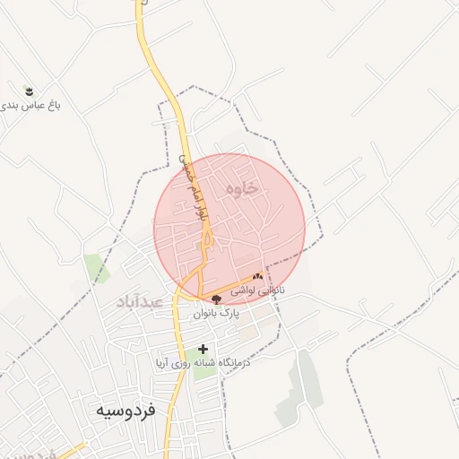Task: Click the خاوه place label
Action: coord(243,188)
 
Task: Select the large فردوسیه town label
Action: coord(125,411)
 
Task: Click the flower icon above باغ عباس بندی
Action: coord(29,91)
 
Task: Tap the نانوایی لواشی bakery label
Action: coord(258,290)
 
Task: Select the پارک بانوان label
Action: coord(218,315)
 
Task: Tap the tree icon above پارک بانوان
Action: coord(217,300)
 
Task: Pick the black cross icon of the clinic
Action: coord(204,349)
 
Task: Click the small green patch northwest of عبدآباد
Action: coord(95,266)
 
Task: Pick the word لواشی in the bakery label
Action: coord(247,290)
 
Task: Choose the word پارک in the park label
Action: coord(231,315)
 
